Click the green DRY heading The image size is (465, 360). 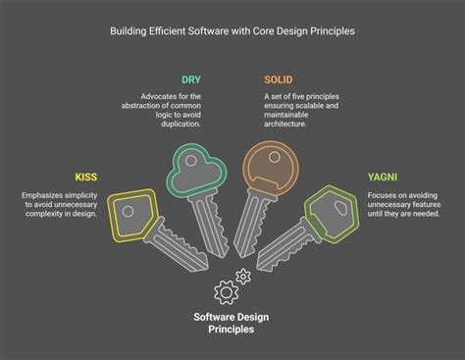point(191,78)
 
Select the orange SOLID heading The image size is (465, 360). point(279,78)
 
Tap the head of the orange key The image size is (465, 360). point(267,166)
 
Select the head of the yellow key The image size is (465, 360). point(129,210)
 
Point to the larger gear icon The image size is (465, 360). point(226,289)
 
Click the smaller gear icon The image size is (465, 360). point(243,278)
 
